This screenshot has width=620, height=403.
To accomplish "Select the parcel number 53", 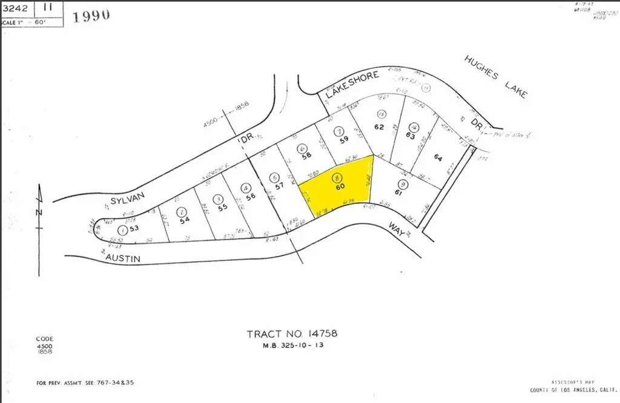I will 134,229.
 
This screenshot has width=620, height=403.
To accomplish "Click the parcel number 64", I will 439,157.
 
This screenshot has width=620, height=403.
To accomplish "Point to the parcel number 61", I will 398,193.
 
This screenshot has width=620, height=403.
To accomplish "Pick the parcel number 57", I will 279,186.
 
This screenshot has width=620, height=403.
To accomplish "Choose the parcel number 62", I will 380,127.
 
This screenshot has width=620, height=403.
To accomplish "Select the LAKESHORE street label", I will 352,85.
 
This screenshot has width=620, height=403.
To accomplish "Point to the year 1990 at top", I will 91,16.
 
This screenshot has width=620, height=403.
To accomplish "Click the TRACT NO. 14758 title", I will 292,333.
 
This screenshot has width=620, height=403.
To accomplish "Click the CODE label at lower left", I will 45,339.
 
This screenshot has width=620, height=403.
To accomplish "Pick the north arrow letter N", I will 38,212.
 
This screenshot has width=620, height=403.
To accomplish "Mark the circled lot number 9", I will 401,184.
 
